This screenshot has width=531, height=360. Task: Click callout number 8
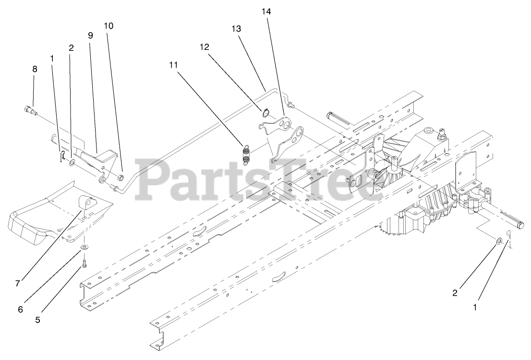(35, 69)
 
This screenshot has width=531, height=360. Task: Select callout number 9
(90, 35)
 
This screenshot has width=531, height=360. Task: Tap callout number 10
(109, 26)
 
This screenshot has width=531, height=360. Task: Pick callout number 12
(205, 47)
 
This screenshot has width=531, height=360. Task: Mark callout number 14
(266, 12)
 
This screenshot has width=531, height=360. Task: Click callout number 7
(18, 284)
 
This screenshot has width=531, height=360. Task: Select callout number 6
(20, 310)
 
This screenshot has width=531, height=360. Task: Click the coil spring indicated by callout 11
(246, 155)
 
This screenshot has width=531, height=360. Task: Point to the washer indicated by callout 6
(84, 247)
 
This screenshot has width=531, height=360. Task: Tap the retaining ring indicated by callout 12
(265, 113)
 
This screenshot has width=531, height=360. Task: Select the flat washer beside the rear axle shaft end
(499, 240)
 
